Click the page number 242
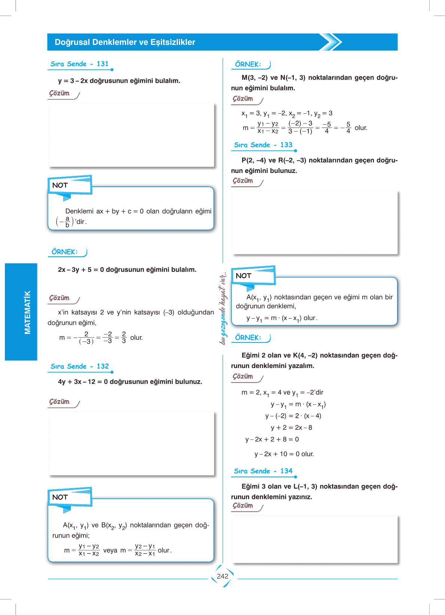tap(222, 576)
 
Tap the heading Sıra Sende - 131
tap(79, 64)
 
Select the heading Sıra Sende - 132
tap(79, 366)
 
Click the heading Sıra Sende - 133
tap(263, 145)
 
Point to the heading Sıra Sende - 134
tap(263, 471)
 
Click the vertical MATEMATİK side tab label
tap(27, 312)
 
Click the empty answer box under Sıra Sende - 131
tap(131, 135)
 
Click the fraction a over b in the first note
tap(67, 222)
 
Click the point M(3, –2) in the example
tap(254, 78)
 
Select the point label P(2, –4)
tap(254, 161)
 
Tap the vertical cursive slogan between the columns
tap(223, 308)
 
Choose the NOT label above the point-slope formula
tap(244, 276)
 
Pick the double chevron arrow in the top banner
tap(331, 42)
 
